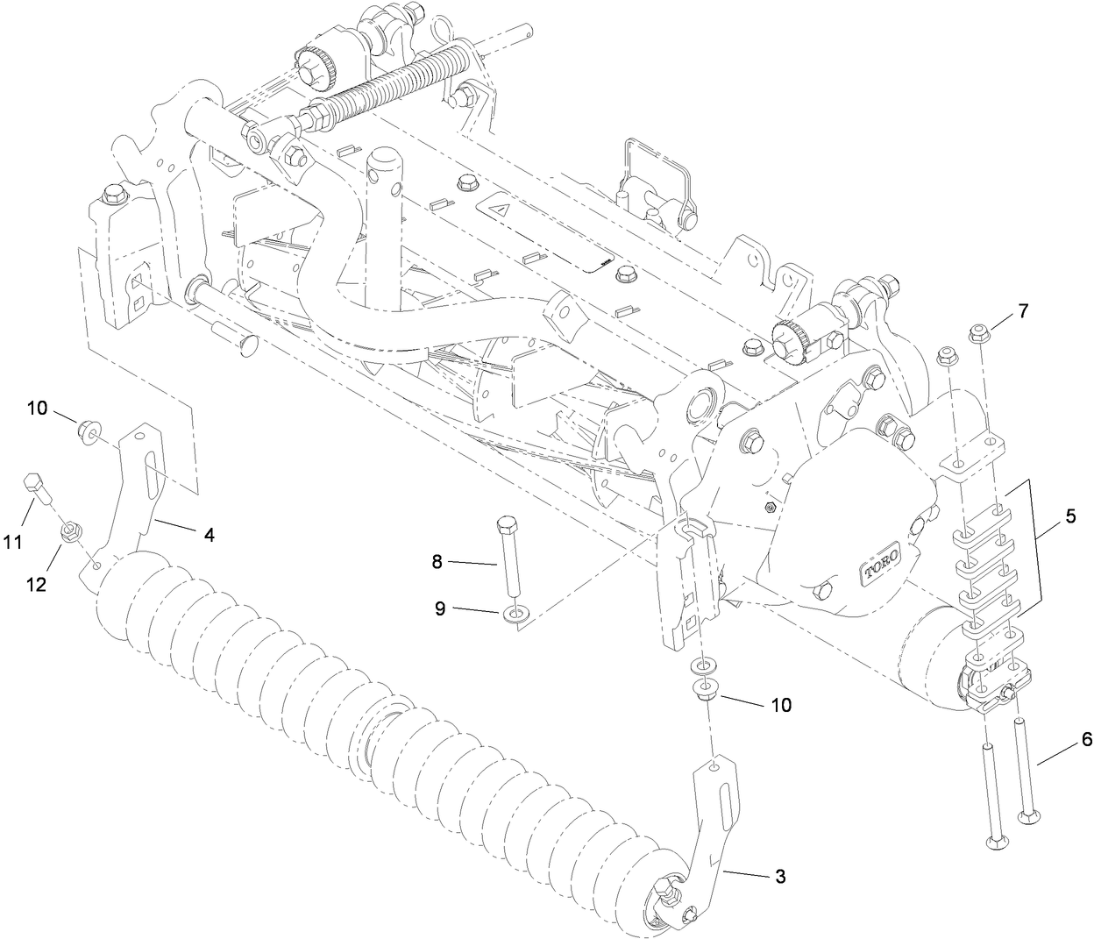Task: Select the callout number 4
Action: [210, 532]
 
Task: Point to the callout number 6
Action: [1086, 739]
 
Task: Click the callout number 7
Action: [1022, 311]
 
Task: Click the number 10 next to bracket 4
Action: [37, 408]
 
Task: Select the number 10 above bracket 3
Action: [780, 704]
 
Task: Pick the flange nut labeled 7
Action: [978, 332]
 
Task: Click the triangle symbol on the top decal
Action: [503, 210]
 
